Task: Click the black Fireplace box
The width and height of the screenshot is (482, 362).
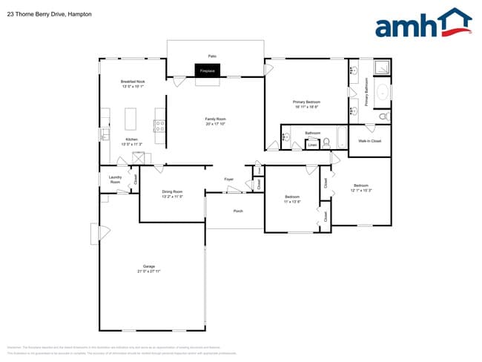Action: click(207, 70)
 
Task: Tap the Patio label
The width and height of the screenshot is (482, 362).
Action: click(212, 56)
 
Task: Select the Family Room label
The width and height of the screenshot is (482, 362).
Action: click(216, 121)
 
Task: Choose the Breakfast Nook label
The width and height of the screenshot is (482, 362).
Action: click(133, 83)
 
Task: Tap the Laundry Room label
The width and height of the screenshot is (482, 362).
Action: click(115, 179)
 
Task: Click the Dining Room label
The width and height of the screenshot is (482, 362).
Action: click(173, 194)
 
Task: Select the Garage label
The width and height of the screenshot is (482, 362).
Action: click(149, 269)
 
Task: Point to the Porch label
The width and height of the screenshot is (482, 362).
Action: click(238, 210)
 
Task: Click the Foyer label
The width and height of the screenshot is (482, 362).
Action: click(229, 179)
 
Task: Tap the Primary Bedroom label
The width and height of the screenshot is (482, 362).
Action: click(306, 104)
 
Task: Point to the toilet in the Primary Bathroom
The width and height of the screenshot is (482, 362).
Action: click(383, 116)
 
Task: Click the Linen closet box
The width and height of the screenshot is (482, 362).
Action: click(313, 145)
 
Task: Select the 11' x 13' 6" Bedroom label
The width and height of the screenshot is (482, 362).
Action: click(292, 199)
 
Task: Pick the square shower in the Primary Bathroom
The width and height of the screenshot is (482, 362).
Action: click(382, 68)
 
